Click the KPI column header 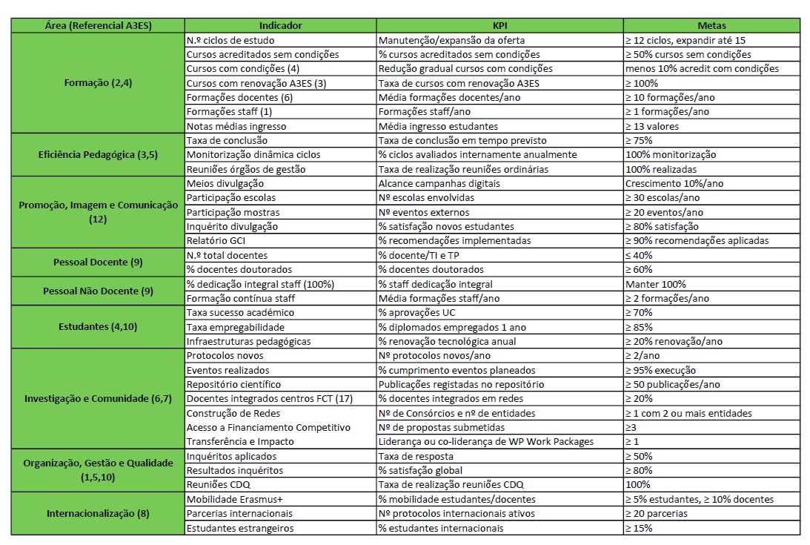[499, 25]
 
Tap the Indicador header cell [280, 25]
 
